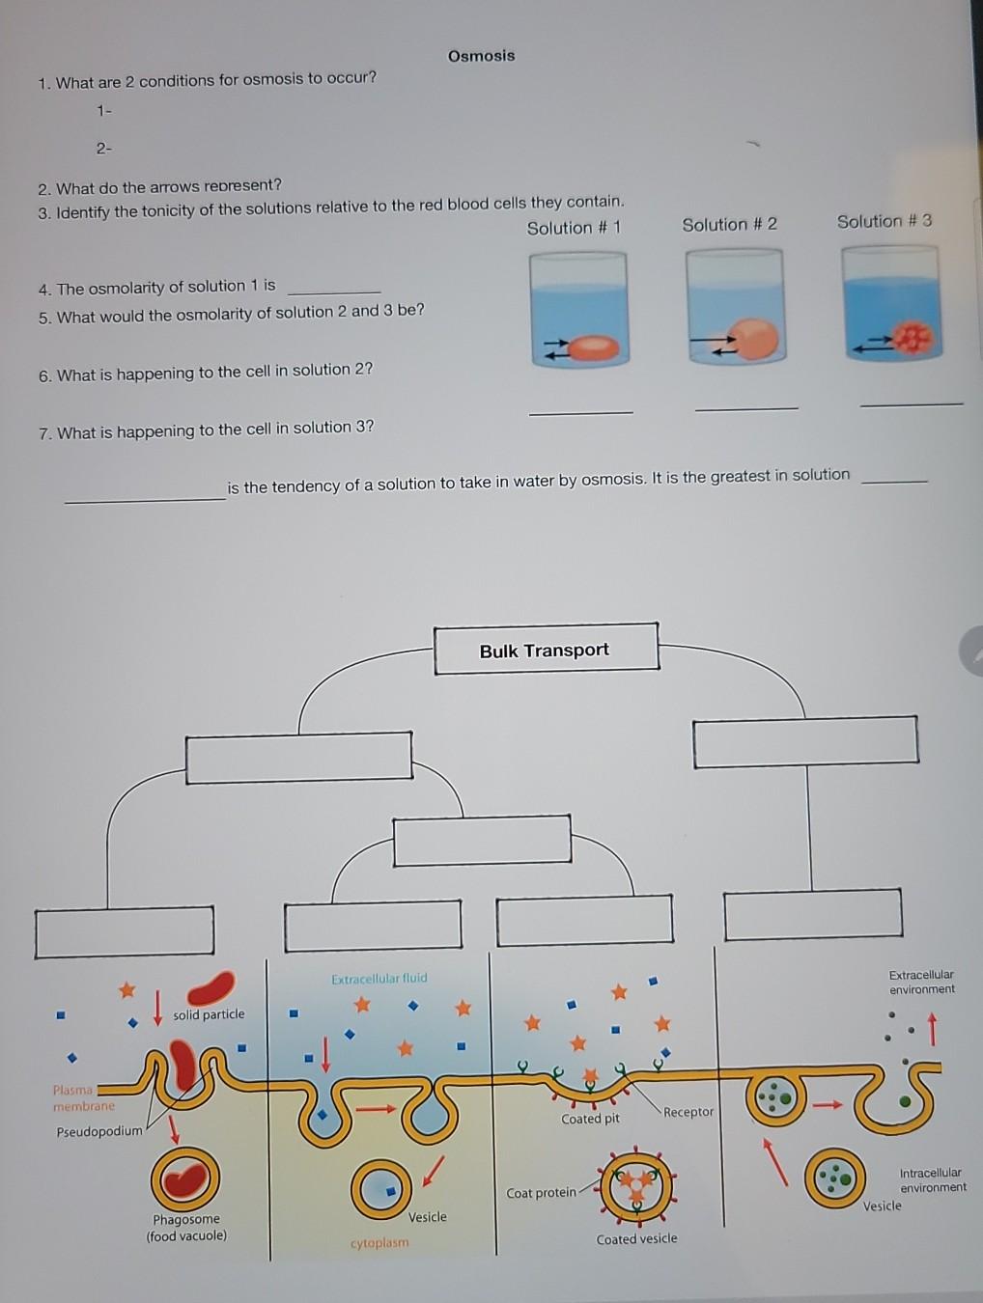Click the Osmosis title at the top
tap(481, 56)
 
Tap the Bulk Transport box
tap(545, 650)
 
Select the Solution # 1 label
tap(574, 228)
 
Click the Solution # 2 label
tap(729, 224)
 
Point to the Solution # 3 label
tap(884, 221)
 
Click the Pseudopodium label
tap(98, 1131)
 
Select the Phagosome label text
tap(186, 1220)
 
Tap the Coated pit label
tap(590, 1119)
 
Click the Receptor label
tap(688, 1112)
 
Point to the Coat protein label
tap(541, 1193)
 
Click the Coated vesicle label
tap(636, 1239)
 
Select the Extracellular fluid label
tap(379, 979)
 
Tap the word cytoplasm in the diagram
tap(379, 1243)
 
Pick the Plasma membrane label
tap(83, 1098)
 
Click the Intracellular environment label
tap(932, 1179)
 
